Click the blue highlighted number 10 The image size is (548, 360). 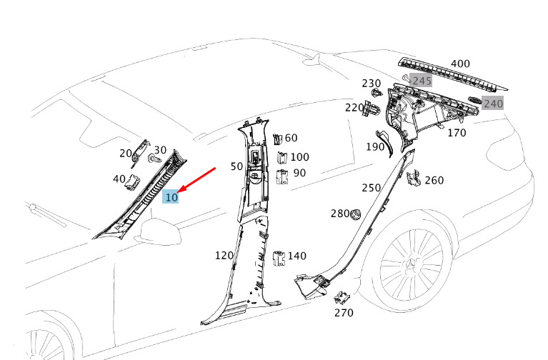tap(171, 197)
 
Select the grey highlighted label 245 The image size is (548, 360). tap(422, 81)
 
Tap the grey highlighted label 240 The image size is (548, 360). tap(493, 103)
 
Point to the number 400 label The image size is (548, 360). tap(460, 64)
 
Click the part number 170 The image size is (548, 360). tap(457, 133)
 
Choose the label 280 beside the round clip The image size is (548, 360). tap(340, 213)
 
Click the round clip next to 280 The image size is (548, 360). tap(356, 214)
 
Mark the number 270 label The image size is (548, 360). tap(344, 312)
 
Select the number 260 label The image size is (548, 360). tap(434, 180)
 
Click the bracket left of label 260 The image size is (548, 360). tap(414, 179)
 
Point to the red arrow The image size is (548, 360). tap(196, 180)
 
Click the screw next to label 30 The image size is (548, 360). tap(154, 159)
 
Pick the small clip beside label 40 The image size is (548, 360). tap(133, 183)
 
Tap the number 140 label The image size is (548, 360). tap(297, 256)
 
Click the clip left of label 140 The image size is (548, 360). tap(279, 259)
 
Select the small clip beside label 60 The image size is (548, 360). tap(277, 139)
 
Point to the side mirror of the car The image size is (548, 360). tap(161, 231)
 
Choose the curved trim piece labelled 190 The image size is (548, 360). tap(387, 144)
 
